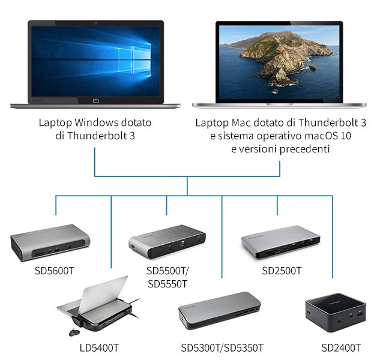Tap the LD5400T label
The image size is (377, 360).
[x=100, y=347]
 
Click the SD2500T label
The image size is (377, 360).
[x=282, y=270]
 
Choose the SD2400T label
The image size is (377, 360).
[x=341, y=347]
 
